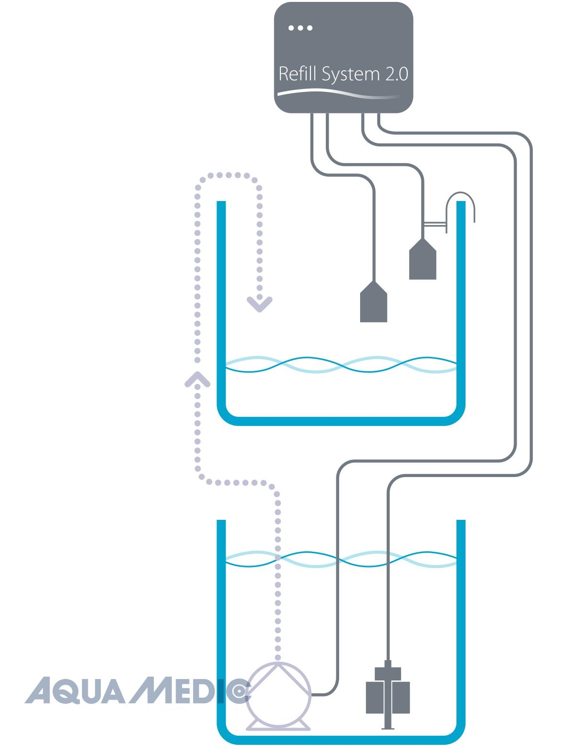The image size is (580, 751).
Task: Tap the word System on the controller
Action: tap(351, 75)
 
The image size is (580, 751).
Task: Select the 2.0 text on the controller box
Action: tap(397, 74)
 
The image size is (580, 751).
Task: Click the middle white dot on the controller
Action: tap(300, 28)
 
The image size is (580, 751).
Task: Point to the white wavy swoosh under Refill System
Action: tap(339, 93)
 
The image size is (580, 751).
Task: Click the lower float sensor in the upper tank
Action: tap(373, 301)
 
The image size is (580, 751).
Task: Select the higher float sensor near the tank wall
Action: tap(423, 259)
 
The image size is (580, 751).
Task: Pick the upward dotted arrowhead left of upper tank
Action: tap(197, 379)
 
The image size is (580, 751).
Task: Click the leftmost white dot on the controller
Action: tap(291, 28)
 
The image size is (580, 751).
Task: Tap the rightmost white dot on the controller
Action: tap(310, 28)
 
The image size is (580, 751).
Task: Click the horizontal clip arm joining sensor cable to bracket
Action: tap(435, 224)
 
